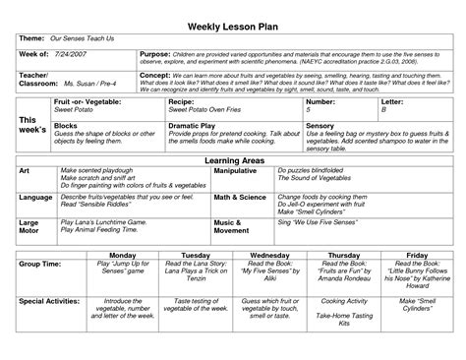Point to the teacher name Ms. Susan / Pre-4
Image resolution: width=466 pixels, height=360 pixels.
pos(90,86)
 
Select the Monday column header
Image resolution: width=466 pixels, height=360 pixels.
pos(136,253)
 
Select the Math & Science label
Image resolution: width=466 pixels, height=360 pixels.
pos(242,197)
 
